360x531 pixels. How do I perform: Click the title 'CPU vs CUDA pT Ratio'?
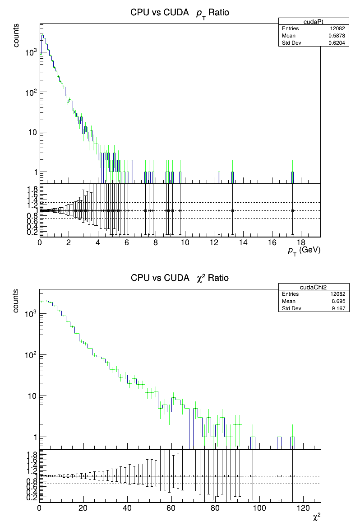click(180, 13)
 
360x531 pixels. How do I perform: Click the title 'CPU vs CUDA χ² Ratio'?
click(180, 278)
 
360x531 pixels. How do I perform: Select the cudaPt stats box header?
click(314, 21)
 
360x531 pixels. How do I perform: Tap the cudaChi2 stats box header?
click(314, 287)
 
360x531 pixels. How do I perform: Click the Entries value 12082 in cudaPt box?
click(337, 28)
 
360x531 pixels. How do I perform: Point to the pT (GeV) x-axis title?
click(304, 251)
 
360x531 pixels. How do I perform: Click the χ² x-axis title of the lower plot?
click(317, 516)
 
